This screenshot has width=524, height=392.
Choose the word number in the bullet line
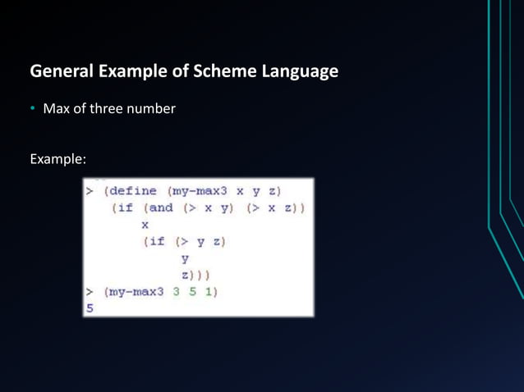coord(153,108)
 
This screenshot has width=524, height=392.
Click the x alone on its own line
coord(146,224)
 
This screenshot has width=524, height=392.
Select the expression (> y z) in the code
coord(195,241)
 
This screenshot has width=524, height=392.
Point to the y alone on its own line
coord(185,258)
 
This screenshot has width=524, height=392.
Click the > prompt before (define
coord(90,191)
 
